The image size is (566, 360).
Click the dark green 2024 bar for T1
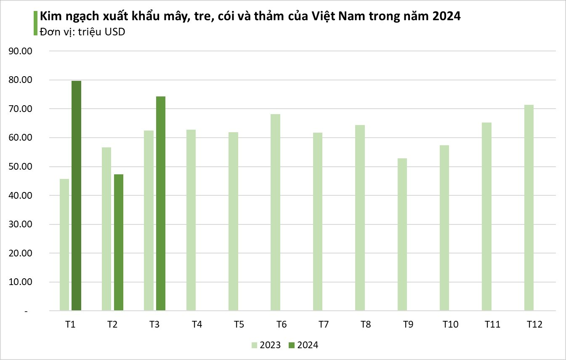pyautogui.click(x=76, y=196)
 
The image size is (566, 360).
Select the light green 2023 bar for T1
pyautogui.click(x=64, y=245)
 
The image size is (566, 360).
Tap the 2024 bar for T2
pyautogui.click(x=118, y=243)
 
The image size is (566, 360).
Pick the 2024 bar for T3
pyautogui.click(x=160, y=204)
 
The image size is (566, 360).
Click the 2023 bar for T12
pyautogui.click(x=529, y=208)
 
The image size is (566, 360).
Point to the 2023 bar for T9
pyautogui.click(x=402, y=235)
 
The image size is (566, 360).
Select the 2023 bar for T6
pyautogui.click(x=275, y=213)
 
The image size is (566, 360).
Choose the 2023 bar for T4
pyautogui.click(x=191, y=220)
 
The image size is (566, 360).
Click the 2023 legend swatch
pyautogui.click(x=255, y=345)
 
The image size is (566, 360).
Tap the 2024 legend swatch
pyautogui.click(x=292, y=345)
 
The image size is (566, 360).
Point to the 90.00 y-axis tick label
pyautogui.click(x=21, y=51)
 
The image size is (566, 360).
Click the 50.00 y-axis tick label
pyautogui.click(x=21, y=167)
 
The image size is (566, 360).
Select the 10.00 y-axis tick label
pyautogui.click(x=21, y=282)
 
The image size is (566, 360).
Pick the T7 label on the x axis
pyautogui.click(x=324, y=325)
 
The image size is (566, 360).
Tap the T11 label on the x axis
pyautogui.click(x=492, y=325)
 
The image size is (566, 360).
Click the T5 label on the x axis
pyautogui.click(x=239, y=325)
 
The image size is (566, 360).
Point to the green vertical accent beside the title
pyautogui.click(x=35, y=23)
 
